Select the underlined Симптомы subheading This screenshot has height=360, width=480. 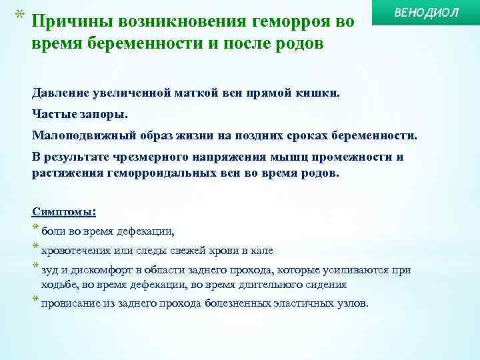click(x=64, y=211)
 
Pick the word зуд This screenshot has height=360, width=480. click(x=51, y=270)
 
